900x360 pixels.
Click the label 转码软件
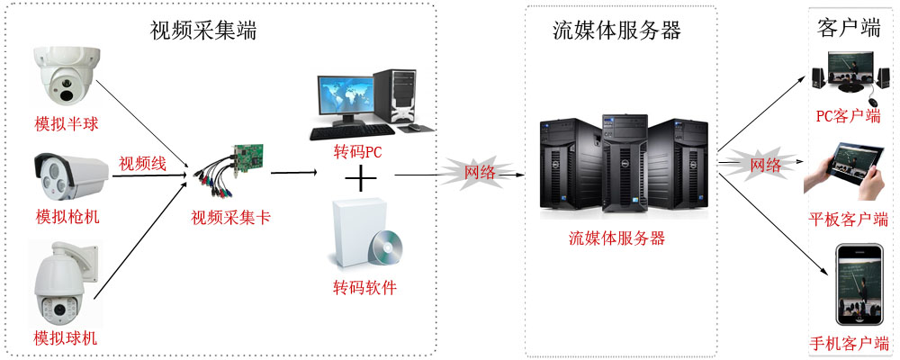tap(364, 288)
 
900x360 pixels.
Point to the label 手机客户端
tap(849, 343)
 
